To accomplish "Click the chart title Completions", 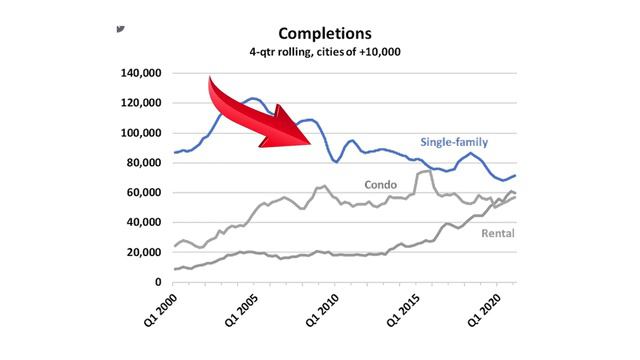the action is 325,33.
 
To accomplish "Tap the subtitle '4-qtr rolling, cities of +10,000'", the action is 325,52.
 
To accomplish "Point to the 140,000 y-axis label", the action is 141,73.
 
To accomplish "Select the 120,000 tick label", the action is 141,103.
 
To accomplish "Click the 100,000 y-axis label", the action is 141,133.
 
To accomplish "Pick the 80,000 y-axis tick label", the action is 144,163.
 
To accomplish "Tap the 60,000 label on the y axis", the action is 144,193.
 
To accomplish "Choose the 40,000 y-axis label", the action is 144,222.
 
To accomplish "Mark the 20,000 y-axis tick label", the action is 144,252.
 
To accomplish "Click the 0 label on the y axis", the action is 158,282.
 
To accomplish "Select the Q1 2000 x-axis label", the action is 160,310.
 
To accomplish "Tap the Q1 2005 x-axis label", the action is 241,310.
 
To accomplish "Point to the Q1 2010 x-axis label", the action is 322,310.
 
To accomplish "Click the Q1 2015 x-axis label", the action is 403,310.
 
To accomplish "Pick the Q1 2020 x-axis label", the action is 484,310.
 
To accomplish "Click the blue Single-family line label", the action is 454,142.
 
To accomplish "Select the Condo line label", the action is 380,185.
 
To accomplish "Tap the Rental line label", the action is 498,233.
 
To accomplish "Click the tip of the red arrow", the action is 311,144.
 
